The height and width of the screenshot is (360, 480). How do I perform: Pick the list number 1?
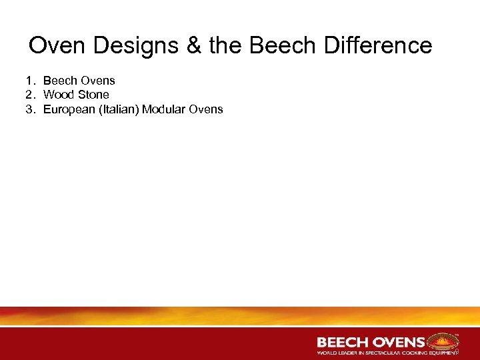tap(30, 81)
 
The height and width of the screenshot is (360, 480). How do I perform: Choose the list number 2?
tap(30, 95)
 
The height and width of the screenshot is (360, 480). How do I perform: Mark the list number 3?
tap(30, 109)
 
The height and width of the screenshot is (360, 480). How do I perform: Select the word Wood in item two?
tap(57, 95)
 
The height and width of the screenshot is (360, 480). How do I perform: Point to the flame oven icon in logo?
tap(441, 342)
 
